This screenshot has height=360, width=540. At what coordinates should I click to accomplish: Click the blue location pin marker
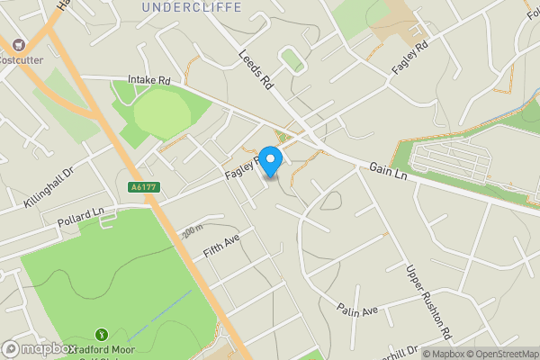click(x=270, y=159)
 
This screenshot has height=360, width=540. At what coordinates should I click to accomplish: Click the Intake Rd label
click(x=149, y=80)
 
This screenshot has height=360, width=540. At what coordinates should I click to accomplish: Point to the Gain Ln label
click(x=389, y=169)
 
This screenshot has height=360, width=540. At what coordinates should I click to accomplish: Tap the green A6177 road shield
click(x=138, y=186)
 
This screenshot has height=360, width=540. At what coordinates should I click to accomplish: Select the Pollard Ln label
click(x=81, y=215)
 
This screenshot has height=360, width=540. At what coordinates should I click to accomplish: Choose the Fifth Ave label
click(x=222, y=246)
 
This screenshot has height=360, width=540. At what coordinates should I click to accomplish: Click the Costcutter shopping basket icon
click(x=16, y=43)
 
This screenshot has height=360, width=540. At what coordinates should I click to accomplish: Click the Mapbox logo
click(x=39, y=348)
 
